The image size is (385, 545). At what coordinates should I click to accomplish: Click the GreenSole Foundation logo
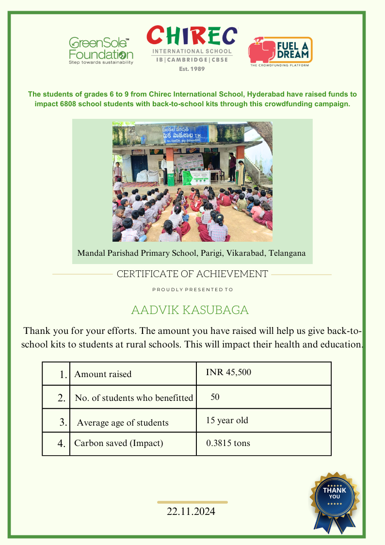pos(101,50)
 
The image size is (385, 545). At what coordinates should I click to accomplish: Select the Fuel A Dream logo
pos(280,51)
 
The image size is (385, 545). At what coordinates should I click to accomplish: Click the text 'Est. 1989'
pos(192,69)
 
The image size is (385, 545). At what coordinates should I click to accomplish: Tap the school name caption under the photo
pos(192,253)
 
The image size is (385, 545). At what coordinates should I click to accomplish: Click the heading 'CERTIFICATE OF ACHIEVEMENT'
pos(192,274)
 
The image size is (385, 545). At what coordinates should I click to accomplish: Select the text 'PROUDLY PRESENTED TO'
pos(192,290)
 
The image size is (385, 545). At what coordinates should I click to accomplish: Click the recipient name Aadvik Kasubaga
pos(190,310)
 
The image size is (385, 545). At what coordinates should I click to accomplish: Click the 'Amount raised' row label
pos(103,374)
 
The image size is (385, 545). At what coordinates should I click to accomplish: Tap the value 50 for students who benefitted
pos(215,397)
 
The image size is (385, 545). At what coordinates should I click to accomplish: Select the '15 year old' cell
pos(227,420)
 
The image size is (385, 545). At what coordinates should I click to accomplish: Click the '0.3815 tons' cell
pos(228,443)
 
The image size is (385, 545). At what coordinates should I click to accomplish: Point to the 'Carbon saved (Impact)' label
pos(118,443)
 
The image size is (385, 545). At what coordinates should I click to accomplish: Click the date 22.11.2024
pos(191,512)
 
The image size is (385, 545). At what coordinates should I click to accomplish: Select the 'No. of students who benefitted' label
pos(134,398)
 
